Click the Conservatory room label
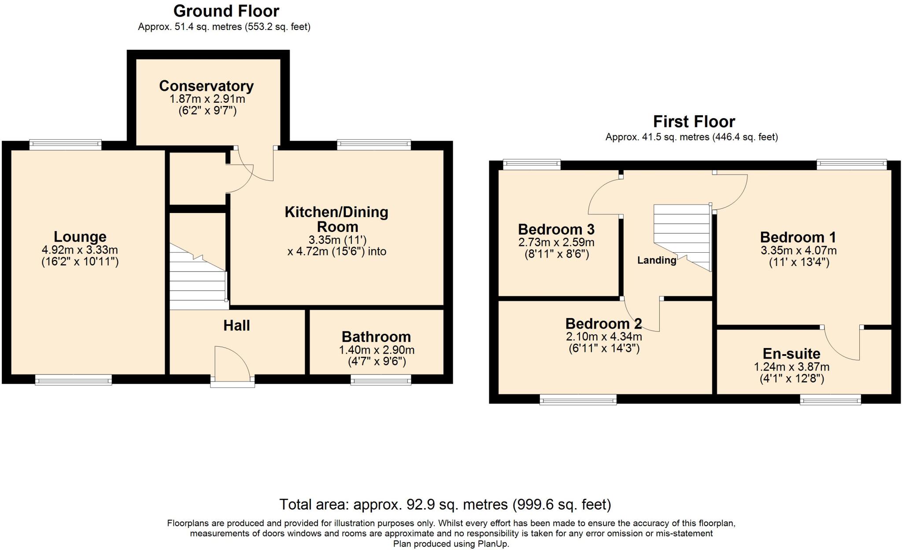tap(206, 86)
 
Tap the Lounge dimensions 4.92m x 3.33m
tap(80, 250)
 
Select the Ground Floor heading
tap(226, 11)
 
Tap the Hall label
tap(237, 326)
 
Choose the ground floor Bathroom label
tap(376, 337)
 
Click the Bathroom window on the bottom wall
tap(381, 380)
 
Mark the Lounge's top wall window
tap(65, 145)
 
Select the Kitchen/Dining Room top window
tap(374, 145)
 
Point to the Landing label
tap(657, 260)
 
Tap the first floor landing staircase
tap(682, 237)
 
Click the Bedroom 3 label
tap(556, 229)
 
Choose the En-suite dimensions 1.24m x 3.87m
tap(792, 367)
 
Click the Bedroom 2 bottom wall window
tap(578, 400)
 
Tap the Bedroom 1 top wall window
tap(852, 165)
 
